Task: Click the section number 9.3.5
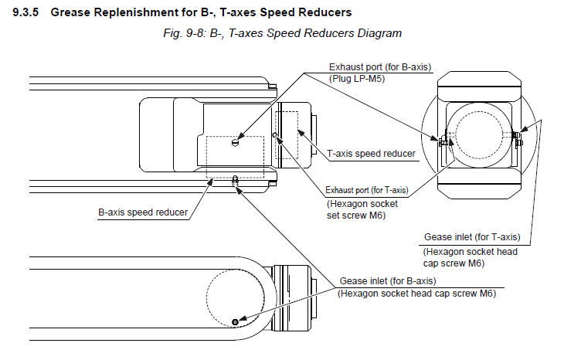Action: tap(29, 13)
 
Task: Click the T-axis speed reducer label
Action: tap(372, 154)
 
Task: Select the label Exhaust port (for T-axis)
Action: tap(366, 190)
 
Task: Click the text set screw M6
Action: tap(356, 216)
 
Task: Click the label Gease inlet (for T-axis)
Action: tap(472, 236)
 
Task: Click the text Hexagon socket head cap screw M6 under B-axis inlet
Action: tap(417, 293)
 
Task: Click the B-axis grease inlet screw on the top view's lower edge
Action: tap(235, 182)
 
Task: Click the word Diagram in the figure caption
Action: tap(379, 34)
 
